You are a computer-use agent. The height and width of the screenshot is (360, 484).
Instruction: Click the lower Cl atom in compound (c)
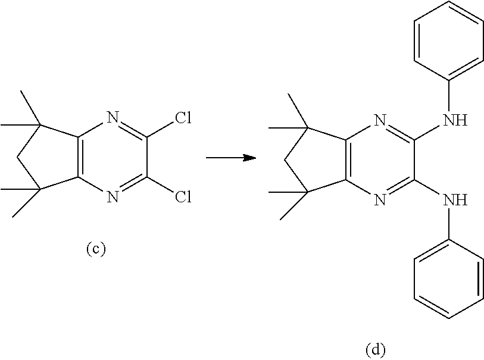(183, 196)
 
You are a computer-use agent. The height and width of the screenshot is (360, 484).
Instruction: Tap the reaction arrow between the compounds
(230, 158)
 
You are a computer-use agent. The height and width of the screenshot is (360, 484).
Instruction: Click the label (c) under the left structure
(95, 249)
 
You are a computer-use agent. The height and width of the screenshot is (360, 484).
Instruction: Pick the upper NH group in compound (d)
(455, 122)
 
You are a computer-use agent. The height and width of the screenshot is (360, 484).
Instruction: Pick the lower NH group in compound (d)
(455, 199)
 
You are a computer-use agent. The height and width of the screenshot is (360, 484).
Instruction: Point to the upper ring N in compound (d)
(382, 122)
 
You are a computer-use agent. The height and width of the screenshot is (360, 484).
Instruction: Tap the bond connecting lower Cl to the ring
(160, 187)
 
